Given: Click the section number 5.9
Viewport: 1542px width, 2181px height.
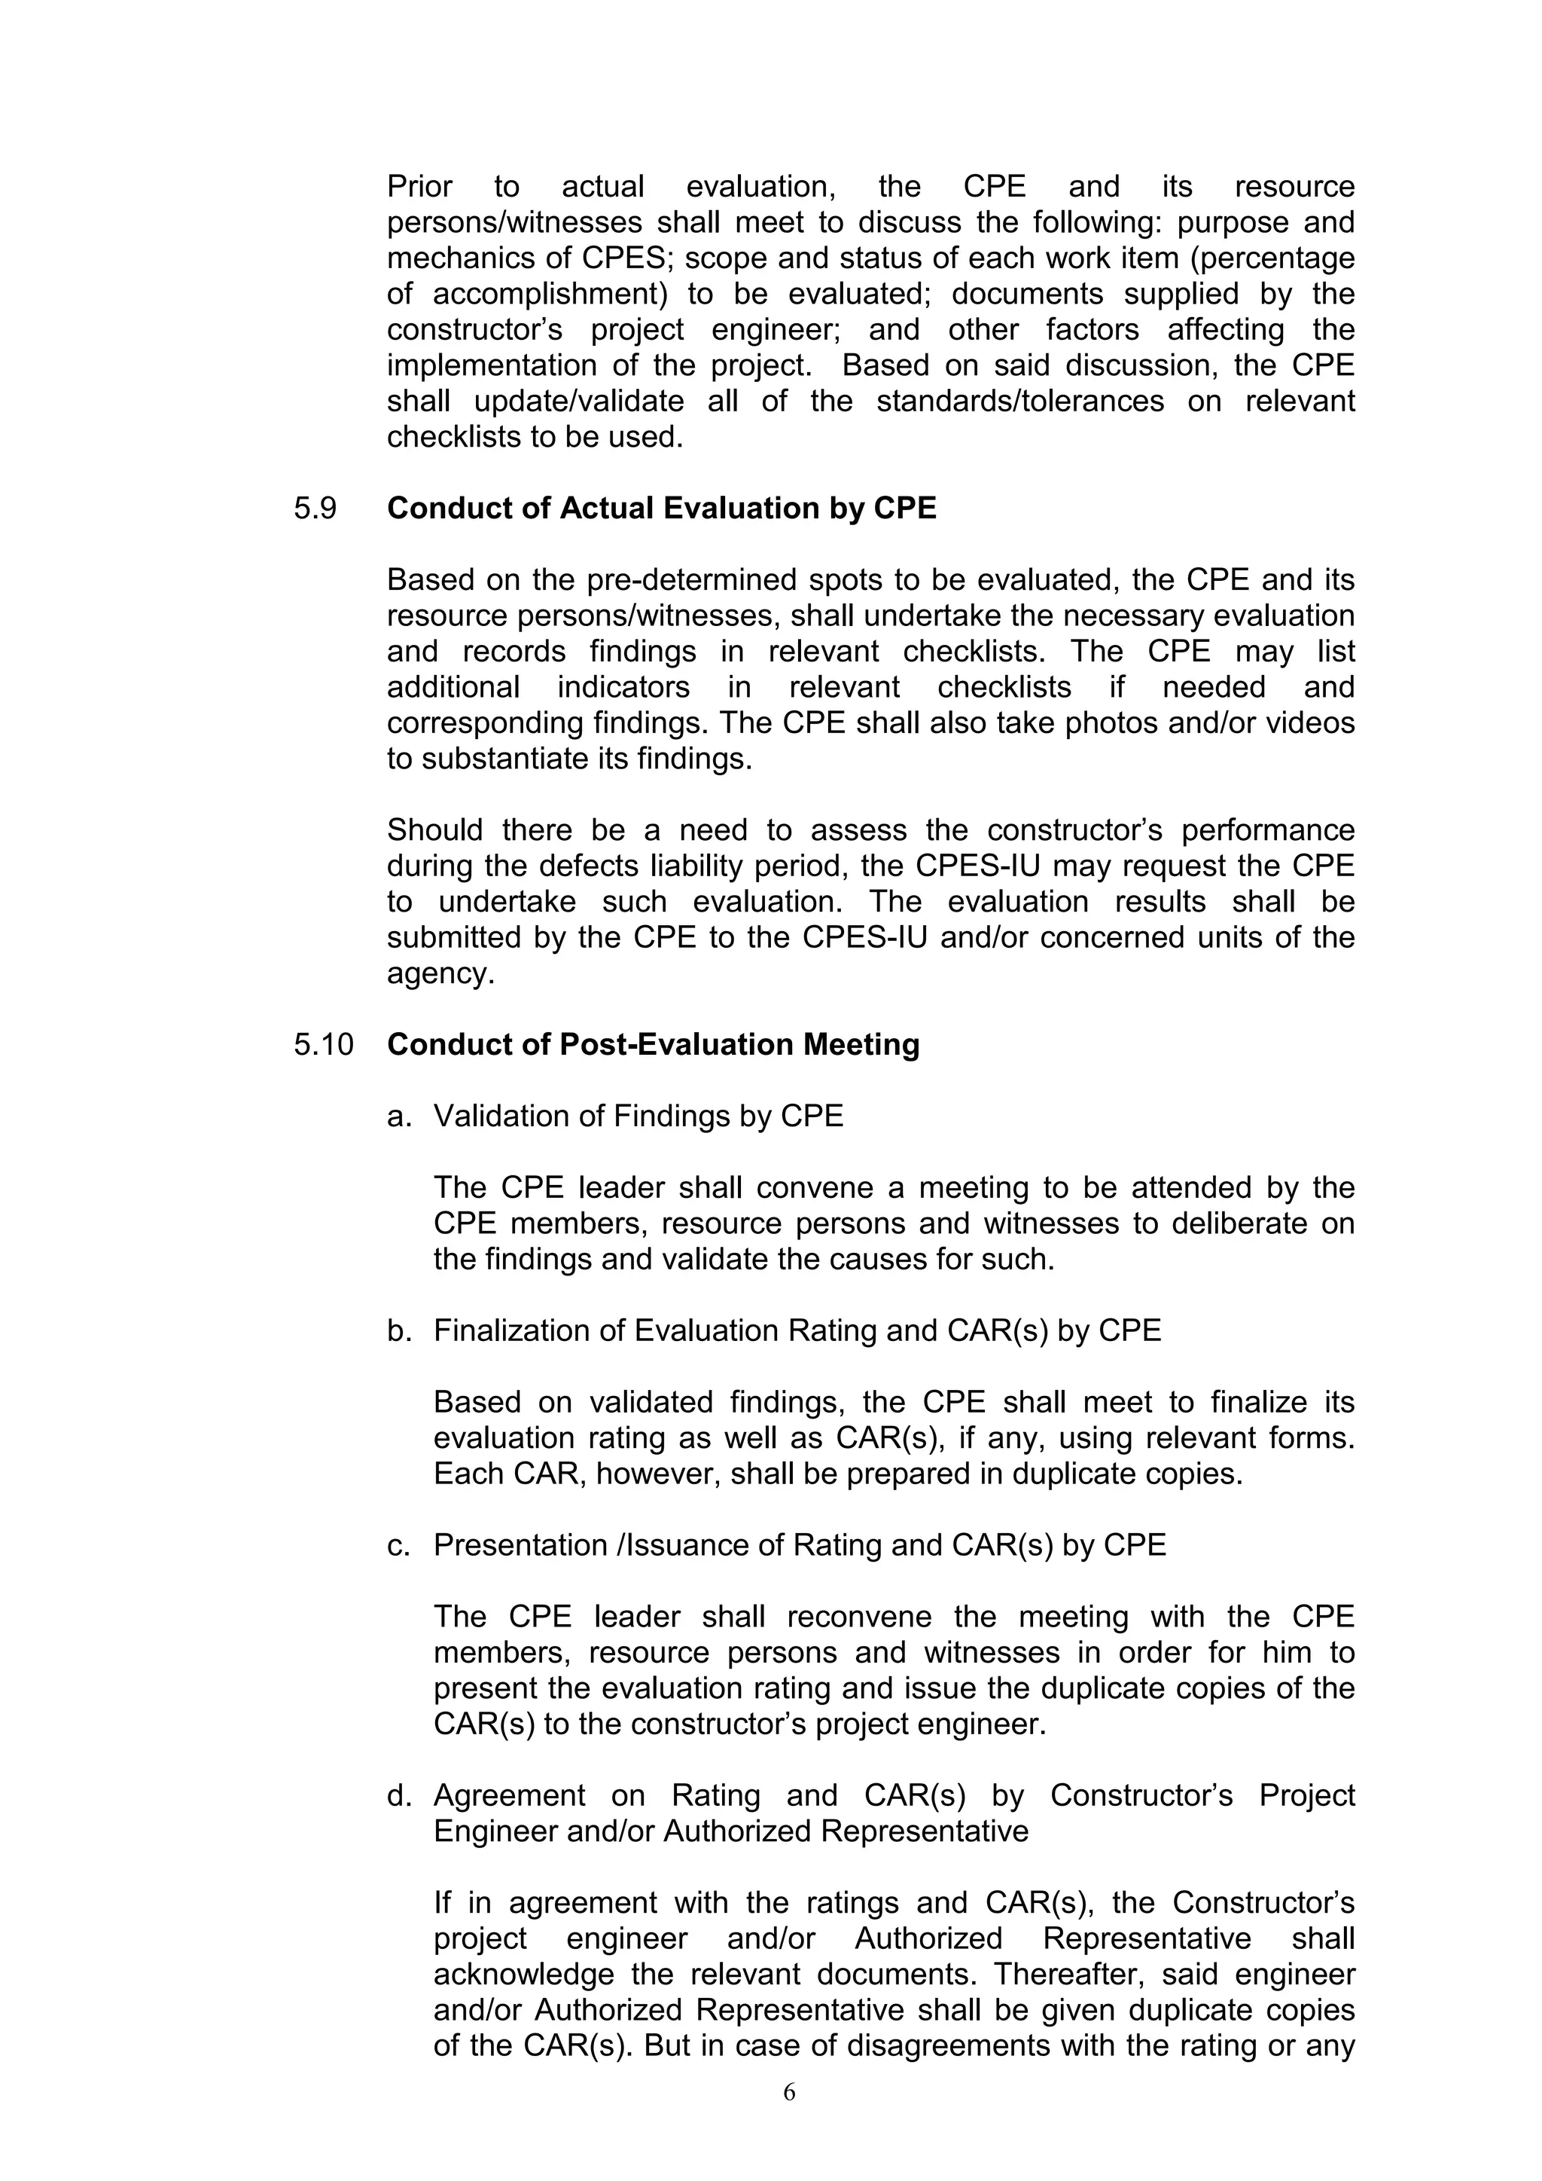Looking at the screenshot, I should coord(315,509).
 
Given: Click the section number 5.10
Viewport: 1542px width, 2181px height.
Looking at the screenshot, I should coord(323,1045).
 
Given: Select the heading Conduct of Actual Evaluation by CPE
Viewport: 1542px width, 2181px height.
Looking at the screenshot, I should coord(661,509).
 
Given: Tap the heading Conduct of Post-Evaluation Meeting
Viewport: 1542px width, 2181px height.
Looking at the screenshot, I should coord(654,1045).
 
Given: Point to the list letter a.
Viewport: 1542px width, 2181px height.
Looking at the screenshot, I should coord(398,1116).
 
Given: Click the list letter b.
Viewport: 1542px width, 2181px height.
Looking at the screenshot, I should coord(398,1331).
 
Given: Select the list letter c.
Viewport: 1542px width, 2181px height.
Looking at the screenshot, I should coord(398,1545).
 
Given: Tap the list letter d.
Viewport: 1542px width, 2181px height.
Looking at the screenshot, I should coord(398,1796).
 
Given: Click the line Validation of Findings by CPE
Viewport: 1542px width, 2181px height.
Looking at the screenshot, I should coord(638,1116).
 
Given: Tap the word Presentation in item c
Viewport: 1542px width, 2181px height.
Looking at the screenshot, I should coord(520,1545).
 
